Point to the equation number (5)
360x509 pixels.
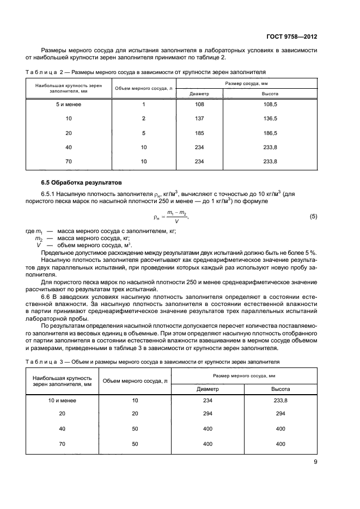tap(313, 217)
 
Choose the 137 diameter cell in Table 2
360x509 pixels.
tap(199, 118)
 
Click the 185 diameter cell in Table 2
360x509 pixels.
tap(199, 133)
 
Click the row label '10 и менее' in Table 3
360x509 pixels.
tap(62, 400)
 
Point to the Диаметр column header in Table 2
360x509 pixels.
tap(199, 94)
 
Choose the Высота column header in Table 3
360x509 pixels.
tap(280, 389)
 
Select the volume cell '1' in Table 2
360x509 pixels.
tap(143, 104)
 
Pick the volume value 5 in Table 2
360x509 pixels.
tap(143, 133)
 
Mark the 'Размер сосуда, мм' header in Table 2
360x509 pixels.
tap(246, 83)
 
